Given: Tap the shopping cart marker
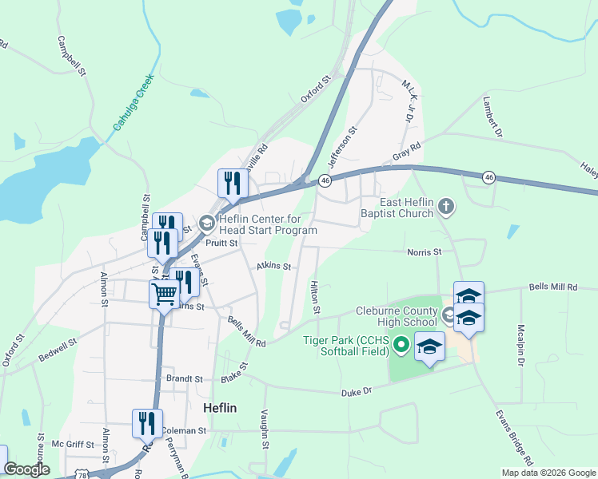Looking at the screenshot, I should [164, 293].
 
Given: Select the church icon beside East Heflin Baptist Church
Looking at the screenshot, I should [447, 208].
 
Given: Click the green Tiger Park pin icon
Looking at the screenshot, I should [401, 346].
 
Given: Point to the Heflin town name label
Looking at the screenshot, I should [220, 407].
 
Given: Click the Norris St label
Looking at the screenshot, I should [425, 252].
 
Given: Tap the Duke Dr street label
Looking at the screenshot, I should [357, 392].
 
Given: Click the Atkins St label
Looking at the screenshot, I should [273, 267].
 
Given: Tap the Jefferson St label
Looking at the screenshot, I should [348, 141].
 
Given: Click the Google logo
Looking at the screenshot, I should [26, 469].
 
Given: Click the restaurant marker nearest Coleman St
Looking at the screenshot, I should [147, 422].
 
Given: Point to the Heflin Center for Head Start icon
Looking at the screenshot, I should [207, 223].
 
